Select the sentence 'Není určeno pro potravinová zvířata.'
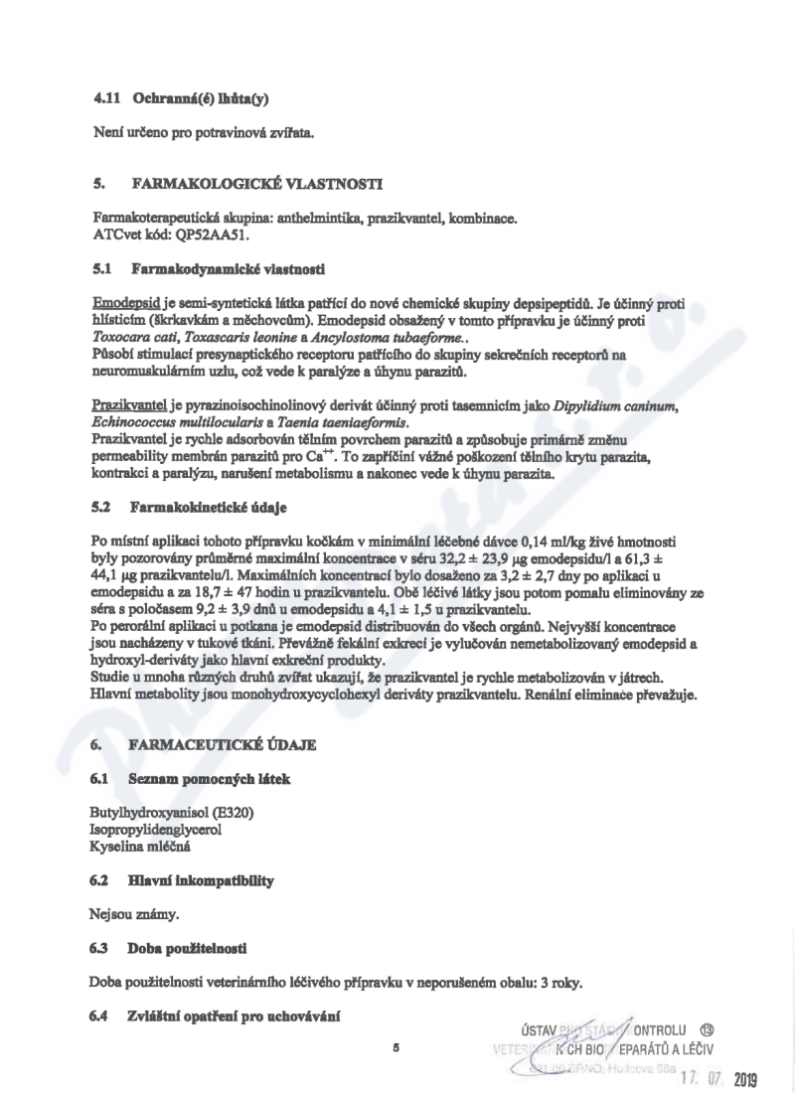click(x=198, y=134)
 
